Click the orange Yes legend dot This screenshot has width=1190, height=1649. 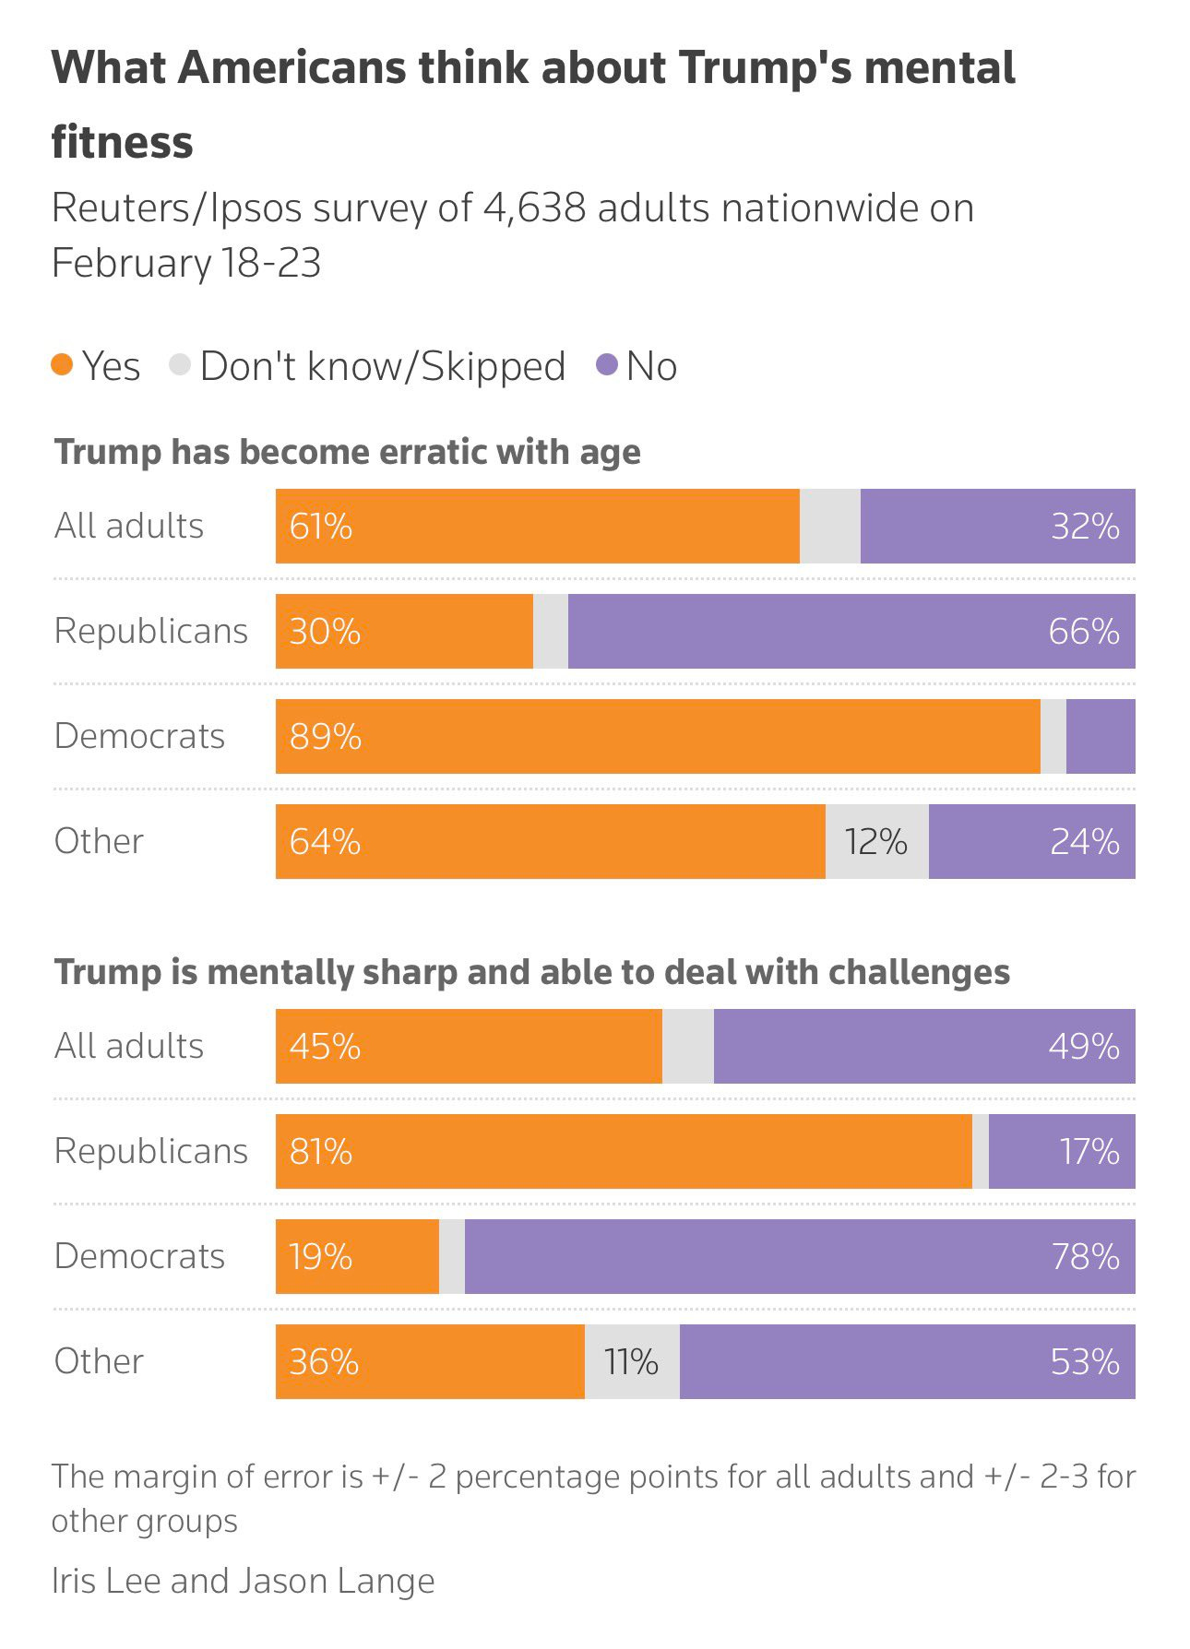point(62,365)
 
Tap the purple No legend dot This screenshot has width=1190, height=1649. point(606,365)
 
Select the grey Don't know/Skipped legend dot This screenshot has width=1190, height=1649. point(180,365)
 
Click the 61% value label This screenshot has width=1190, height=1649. point(320,527)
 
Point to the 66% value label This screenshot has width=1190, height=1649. point(1084,632)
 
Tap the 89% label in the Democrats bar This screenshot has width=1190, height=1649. point(325,737)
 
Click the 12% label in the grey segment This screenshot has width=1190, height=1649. point(876,842)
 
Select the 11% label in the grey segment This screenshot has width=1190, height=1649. point(631,1362)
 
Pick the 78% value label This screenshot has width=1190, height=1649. point(1085,1257)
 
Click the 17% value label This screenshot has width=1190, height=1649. point(1089,1152)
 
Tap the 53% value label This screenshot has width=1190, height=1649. point(1085,1362)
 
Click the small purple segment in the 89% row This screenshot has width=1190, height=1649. point(1101,737)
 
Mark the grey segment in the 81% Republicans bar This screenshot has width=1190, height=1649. point(981,1152)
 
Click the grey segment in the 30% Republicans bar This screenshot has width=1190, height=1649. point(551,632)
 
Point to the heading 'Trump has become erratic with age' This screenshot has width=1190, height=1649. point(348,453)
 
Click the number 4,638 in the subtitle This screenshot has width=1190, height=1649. point(534,208)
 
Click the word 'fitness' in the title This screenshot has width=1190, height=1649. point(123,143)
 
